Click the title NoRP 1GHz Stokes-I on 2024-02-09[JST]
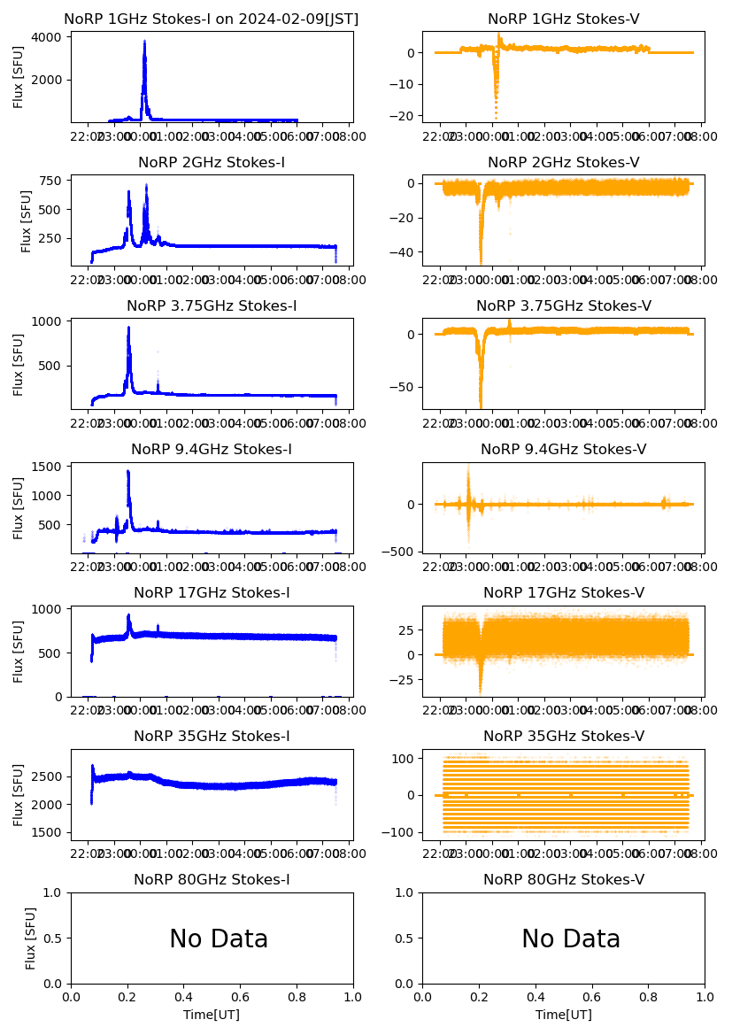(212, 19)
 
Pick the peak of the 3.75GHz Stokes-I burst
(128, 328)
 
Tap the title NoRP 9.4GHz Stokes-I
(212, 450)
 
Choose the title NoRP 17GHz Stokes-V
(564, 593)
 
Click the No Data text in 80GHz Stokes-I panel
(219, 939)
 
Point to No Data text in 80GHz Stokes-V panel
(571, 939)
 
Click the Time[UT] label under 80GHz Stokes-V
(564, 1015)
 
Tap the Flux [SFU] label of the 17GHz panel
(19, 653)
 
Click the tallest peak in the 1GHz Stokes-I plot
(144, 41)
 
